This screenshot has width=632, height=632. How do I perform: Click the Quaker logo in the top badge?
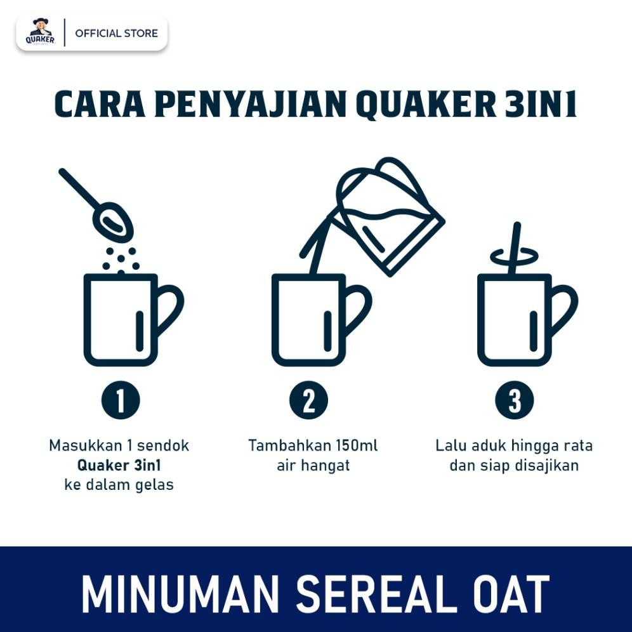[41, 32]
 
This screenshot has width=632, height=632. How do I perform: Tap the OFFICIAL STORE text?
[116, 33]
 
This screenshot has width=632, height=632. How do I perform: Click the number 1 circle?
[120, 401]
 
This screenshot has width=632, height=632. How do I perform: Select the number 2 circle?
[309, 401]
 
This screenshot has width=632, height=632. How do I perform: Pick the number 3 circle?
[514, 401]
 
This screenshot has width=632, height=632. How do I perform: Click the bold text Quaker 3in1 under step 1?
[119, 465]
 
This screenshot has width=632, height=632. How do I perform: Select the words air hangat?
[313, 465]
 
